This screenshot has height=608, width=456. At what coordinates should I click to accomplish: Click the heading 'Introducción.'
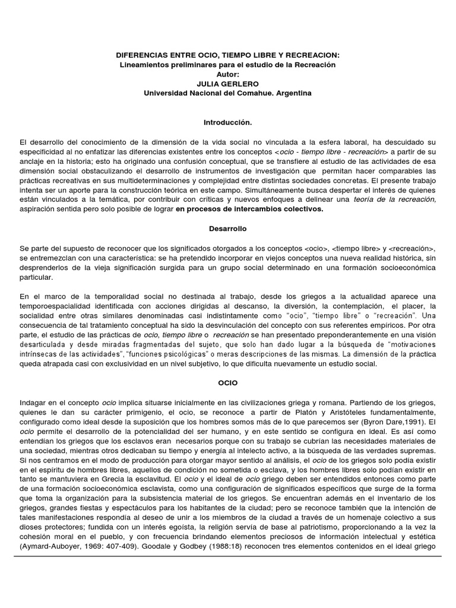point(228,123)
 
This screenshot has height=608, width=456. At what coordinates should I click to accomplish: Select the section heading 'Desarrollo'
point(228,229)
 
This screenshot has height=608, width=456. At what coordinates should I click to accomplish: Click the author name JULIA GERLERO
point(228,84)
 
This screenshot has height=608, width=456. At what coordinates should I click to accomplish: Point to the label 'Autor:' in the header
point(228,74)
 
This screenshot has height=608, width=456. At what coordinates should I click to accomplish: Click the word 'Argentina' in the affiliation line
point(292,93)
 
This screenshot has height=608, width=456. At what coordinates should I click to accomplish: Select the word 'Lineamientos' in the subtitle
point(145,65)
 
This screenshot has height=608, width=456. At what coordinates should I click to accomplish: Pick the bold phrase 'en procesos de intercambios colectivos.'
point(249,210)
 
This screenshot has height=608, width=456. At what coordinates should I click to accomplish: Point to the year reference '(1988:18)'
point(222,546)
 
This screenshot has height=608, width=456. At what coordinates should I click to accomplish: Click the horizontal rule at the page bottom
point(228,556)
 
